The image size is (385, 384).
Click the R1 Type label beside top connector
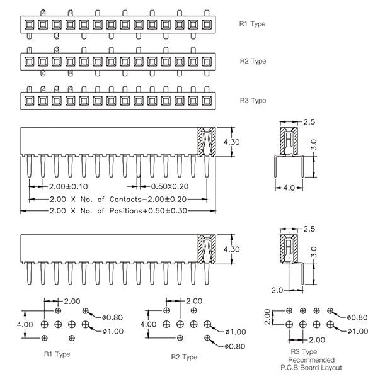(252, 25)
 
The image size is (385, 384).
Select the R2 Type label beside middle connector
(252, 62)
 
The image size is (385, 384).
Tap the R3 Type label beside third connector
(252, 101)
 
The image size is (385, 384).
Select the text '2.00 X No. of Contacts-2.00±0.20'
(119, 198)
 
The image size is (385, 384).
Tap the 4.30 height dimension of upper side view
(232, 143)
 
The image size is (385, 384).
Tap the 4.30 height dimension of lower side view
(232, 249)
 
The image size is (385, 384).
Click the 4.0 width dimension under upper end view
(288, 188)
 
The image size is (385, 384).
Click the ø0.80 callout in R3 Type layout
(357, 317)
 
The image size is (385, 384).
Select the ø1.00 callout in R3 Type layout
(357, 330)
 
